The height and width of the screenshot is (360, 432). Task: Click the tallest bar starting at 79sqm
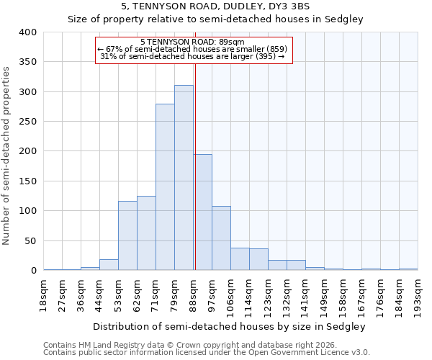[x=184, y=178]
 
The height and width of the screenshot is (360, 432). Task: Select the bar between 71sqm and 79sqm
[x=165, y=187]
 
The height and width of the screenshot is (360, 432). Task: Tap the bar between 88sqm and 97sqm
[x=202, y=212]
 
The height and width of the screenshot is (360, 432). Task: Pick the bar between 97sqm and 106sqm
[x=221, y=238]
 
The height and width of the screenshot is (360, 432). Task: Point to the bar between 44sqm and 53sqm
[x=109, y=265]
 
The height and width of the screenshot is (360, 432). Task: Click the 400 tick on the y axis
[x=27, y=32]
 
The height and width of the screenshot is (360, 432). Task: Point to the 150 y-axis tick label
[x=27, y=181]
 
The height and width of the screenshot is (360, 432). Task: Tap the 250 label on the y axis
[x=27, y=122]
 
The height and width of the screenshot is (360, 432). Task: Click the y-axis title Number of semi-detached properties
[x=6, y=155]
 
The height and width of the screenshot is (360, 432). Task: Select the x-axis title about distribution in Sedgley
[x=229, y=326]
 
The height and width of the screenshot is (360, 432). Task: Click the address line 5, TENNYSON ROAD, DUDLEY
[x=216, y=6]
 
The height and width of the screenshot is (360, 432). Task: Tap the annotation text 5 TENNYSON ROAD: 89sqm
[x=192, y=42]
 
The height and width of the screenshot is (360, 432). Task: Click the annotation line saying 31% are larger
[x=192, y=56]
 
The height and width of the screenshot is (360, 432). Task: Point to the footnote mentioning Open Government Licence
[x=206, y=353]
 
